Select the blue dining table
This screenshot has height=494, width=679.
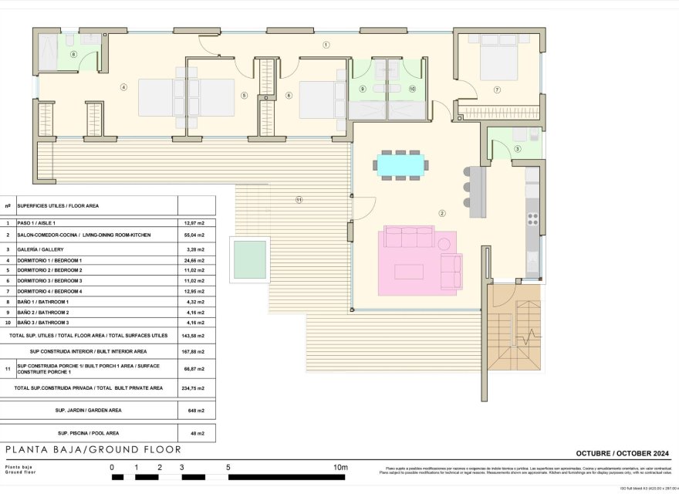[400, 164]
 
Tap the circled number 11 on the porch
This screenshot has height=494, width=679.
[299, 201]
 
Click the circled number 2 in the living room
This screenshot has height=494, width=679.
[442, 213]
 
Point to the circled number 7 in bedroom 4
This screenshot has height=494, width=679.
[497, 90]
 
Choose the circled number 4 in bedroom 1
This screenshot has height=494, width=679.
[123, 87]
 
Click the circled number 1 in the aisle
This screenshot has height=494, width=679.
[326, 46]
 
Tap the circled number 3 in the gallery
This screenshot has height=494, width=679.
[517, 149]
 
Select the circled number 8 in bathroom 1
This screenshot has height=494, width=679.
[73, 54]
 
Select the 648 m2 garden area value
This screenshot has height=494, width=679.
[196, 411]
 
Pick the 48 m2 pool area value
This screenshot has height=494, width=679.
[196, 433]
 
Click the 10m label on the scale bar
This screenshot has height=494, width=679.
[339, 467]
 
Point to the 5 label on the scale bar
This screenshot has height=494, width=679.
[228, 467]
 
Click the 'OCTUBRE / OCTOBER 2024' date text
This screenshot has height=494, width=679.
[622, 453]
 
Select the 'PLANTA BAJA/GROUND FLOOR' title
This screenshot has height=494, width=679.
[93, 449]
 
